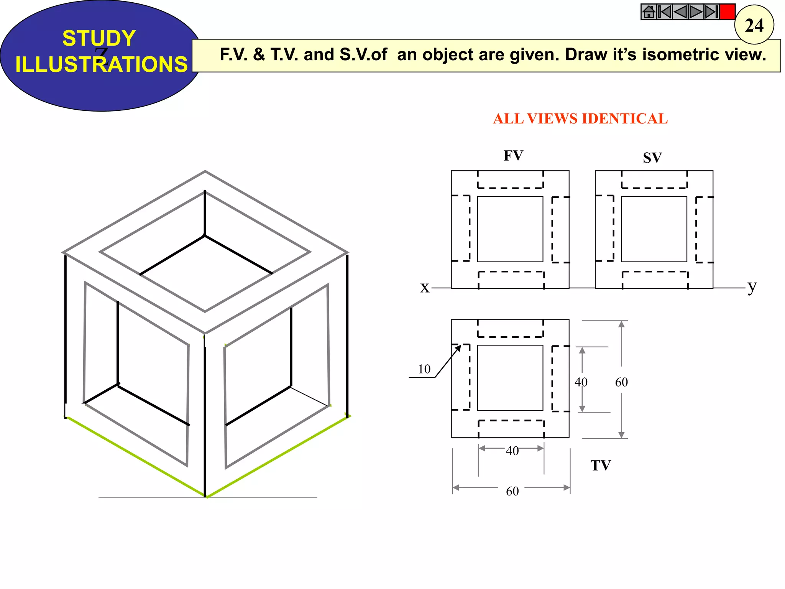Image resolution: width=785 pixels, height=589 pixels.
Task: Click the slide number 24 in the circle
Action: coord(754,25)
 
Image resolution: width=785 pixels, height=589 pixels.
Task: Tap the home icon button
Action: coord(649,12)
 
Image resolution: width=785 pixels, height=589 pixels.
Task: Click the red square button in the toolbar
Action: coord(727,12)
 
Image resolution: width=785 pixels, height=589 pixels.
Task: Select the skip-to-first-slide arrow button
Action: coord(664,12)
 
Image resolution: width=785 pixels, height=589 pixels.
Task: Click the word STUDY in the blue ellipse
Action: coord(99,38)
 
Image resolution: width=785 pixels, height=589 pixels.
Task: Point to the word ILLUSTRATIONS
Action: coord(101,64)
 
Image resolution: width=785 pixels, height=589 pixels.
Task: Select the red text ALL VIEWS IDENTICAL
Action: coord(580,119)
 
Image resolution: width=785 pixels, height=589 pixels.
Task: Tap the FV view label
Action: coord(513,156)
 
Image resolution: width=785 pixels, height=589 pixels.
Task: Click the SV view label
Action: coord(652,158)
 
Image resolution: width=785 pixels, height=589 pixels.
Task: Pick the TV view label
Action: coord(600,466)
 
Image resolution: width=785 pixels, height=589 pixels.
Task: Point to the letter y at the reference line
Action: coord(752,286)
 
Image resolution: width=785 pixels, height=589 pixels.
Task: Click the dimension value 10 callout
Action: coord(424,369)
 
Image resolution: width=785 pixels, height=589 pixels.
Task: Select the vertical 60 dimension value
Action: coord(621,382)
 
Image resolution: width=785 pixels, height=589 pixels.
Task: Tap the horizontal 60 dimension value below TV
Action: coord(512,491)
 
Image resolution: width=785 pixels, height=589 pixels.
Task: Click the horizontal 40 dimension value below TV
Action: coord(512,451)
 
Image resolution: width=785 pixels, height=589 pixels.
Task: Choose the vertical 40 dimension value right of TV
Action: coord(581,382)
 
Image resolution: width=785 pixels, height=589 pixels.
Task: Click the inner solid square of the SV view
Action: coord(654,229)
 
